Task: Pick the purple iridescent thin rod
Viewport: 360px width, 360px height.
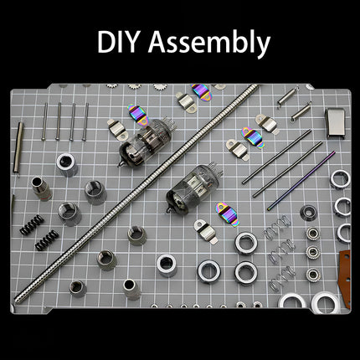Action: point(301,180)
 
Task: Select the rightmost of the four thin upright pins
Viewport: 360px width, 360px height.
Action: point(86,121)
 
